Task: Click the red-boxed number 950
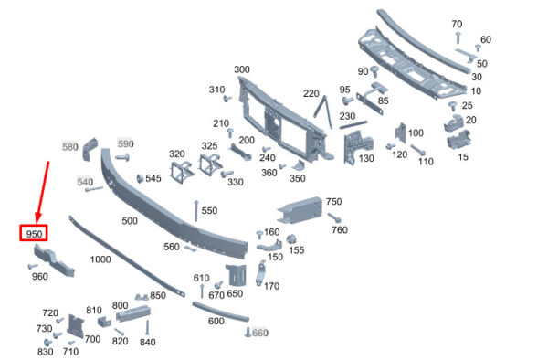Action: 34,234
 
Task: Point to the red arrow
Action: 42,193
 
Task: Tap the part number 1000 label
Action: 100,259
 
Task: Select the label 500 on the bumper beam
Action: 130,220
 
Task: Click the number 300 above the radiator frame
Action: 242,69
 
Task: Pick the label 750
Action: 333,202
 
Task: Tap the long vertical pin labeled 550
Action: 196,211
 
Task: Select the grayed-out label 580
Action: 70,147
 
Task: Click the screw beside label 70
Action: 458,37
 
